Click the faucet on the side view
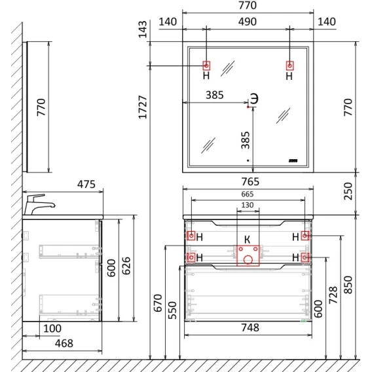coord(39,204)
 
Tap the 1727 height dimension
coord(143,107)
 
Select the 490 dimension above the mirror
coord(248,22)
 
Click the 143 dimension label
coord(143,29)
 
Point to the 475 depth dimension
coord(86,184)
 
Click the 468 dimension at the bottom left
coord(64,343)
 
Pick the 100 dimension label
coord(52,329)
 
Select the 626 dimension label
coord(126,266)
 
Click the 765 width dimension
coord(251,181)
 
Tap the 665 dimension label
coord(248,194)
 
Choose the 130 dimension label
coord(248,205)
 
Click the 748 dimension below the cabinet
coord(250,327)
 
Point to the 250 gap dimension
coord(348,191)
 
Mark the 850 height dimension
coord(348,285)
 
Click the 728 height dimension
coord(333,295)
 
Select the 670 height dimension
coord(158,303)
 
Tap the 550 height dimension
coord(172,310)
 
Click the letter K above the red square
coord(247,240)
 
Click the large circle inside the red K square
coord(248,260)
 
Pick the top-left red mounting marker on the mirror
coord(206,65)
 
